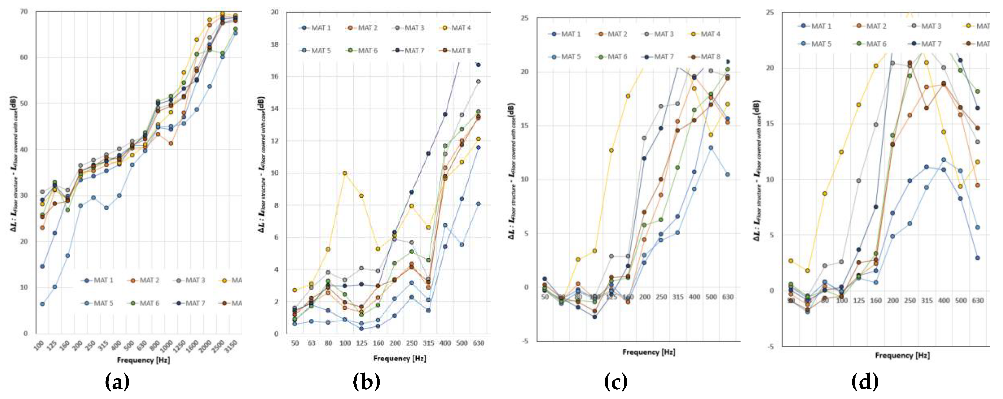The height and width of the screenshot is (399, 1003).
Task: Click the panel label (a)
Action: pos(117,382)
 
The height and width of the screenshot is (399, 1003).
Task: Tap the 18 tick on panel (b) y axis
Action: pos(275,44)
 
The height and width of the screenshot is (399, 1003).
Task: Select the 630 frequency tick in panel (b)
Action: pos(478,343)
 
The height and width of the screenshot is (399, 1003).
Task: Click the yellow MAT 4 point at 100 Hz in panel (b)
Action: pos(345,173)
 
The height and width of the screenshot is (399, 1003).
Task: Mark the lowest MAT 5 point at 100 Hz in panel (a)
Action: pos(42,304)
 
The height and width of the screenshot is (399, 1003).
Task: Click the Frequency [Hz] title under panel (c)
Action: pos(648,352)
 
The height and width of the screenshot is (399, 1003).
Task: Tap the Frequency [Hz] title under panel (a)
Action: pos(143,360)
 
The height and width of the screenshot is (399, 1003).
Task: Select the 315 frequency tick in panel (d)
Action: pos(926,301)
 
